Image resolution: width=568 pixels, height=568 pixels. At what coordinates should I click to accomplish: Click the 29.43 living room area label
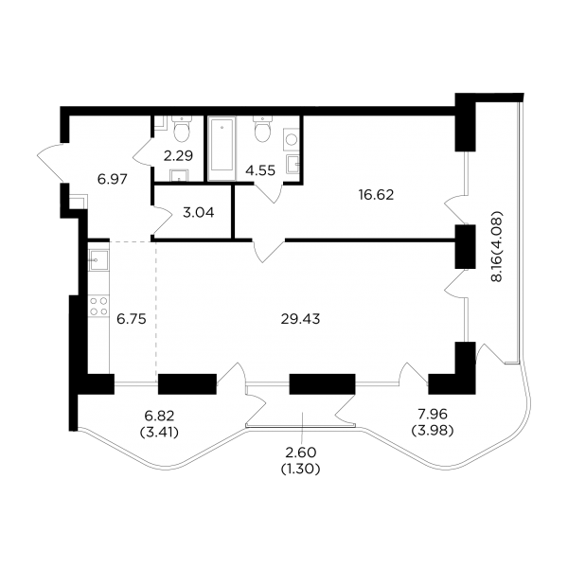point(300,319)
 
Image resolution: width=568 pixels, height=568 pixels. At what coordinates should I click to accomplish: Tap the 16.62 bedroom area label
point(376,195)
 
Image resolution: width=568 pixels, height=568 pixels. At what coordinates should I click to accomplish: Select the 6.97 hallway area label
point(113,179)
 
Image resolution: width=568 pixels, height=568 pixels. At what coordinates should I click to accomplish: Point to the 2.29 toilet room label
point(178,156)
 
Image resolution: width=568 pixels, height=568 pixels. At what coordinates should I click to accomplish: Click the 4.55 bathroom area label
point(260,169)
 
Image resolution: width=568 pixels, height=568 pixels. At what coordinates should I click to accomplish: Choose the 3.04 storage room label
point(199,213)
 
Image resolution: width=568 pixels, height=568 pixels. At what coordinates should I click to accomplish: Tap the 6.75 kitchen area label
point(132,319)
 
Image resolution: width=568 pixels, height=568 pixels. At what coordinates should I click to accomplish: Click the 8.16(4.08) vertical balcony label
point(497,246)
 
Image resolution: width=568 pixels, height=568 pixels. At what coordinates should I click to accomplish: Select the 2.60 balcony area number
point(301,453)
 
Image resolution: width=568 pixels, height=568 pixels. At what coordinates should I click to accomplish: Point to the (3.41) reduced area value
point(159,433)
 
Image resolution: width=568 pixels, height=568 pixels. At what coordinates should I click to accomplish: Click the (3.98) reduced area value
point(433,431)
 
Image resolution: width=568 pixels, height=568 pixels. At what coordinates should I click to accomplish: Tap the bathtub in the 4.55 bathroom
point(222,149)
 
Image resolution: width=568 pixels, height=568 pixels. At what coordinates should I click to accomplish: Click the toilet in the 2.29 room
point(182,130)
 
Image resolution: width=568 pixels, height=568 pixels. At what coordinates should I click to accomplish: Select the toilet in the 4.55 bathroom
point(263,129)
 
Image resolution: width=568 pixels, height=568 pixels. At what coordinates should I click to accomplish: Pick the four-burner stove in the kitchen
point(98,306)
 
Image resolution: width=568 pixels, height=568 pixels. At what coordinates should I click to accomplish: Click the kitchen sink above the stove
point(98,260)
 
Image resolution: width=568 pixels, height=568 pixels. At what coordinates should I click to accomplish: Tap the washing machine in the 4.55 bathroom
point(291,139)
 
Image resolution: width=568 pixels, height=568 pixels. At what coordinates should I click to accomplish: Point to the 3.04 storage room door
point(162,220)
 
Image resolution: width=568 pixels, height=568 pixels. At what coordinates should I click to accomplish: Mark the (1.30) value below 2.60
point(301,470)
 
